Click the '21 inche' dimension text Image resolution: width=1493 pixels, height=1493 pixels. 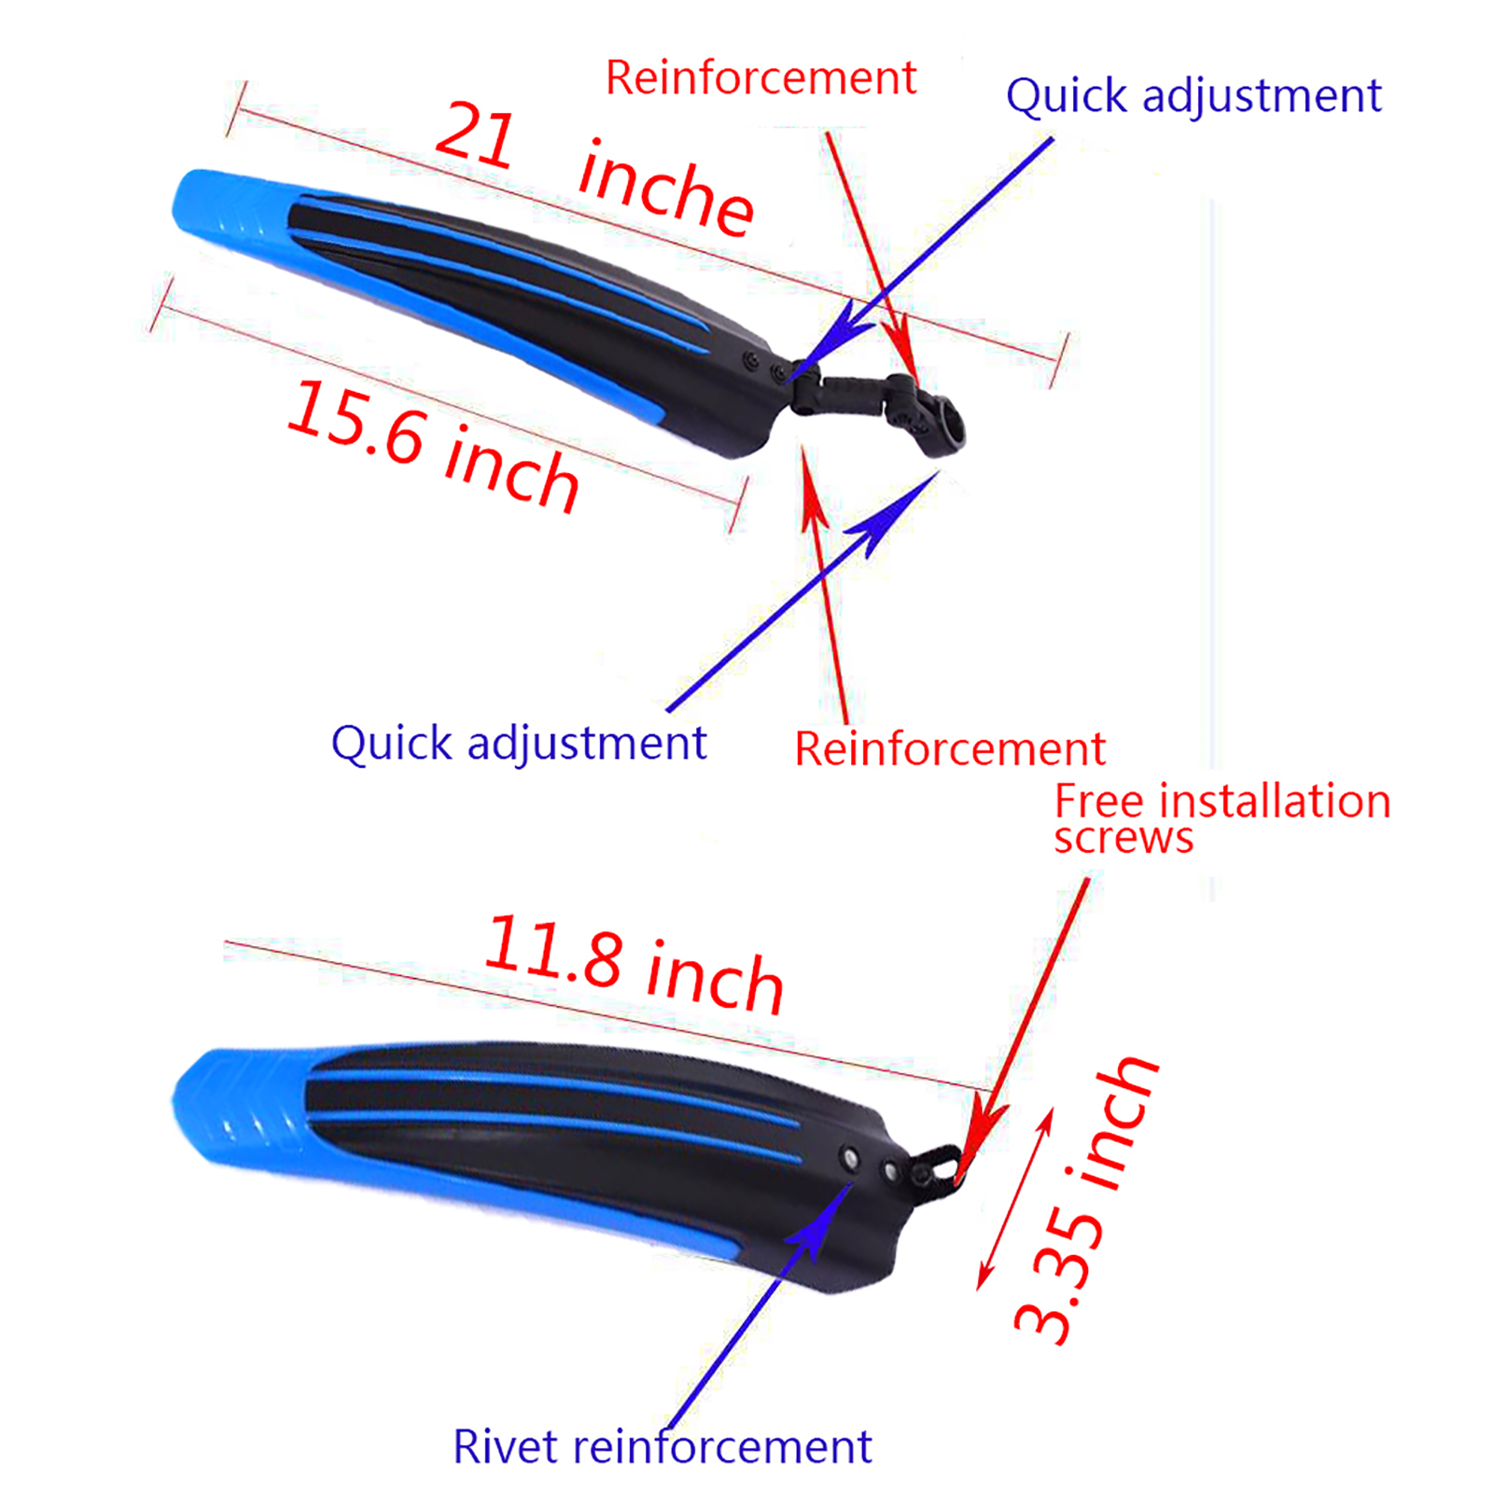594,168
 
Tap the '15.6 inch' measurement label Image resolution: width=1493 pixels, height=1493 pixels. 432,446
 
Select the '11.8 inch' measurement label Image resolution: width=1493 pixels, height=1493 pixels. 635,965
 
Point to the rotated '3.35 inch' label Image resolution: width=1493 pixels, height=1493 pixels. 1085,1202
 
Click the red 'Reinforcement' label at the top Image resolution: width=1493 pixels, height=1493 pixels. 760,77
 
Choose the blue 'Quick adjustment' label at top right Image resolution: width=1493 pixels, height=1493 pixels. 1193,96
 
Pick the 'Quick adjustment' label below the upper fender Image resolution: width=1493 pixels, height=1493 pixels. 519,744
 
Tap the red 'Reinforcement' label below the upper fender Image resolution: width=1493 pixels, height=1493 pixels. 949,748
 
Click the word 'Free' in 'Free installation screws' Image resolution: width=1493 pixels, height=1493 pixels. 1098,802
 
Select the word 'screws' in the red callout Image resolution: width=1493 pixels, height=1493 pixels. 1123,838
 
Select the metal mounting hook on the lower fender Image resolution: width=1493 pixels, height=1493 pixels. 939,1166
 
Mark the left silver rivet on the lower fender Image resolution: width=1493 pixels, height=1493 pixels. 849,1159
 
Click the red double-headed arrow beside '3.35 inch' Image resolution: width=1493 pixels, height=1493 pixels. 1015,1199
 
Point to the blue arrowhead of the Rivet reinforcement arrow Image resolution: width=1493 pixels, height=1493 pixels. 821,1222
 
